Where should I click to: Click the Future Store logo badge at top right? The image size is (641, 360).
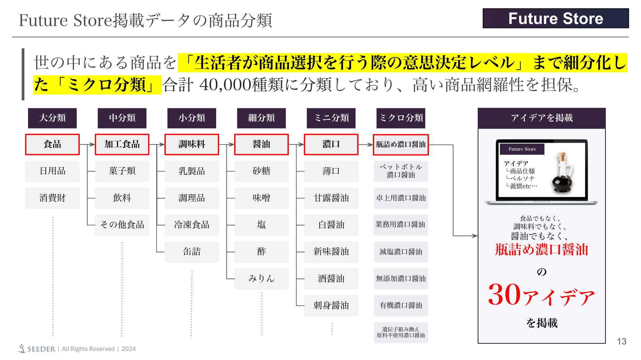tap(555, 18)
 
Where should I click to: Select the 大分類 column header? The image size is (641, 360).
tap(52, 118)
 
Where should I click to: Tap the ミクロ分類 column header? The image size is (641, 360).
tap(401, 118)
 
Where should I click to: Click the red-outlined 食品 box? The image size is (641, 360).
tap(52, 144)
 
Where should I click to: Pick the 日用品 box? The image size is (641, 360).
tap(52, 171)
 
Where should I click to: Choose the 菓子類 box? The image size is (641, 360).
tap(122, 171)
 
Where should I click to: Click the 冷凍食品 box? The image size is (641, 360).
tap(192, 225)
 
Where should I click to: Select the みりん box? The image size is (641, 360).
tap(261, 279)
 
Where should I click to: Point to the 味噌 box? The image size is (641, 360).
tap(261, 198)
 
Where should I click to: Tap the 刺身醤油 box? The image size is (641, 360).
tap(331, 306)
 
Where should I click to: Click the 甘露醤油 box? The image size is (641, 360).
tap(331, 198)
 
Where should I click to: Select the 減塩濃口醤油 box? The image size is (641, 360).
tap(401, 252)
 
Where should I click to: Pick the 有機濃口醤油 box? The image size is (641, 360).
tap(401, 306)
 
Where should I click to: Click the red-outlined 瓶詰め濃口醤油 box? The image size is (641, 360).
tap(401, 144)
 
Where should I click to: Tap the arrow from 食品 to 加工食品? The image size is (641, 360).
tap(88, 144)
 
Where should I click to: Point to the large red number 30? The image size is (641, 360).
tap(504, 294)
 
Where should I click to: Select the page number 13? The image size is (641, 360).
tap(621, 342)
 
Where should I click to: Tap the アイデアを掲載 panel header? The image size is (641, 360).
tap(541, 118)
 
